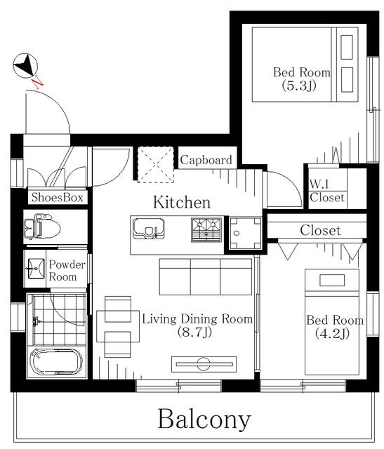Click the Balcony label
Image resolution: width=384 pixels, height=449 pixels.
click(x=204, y=420)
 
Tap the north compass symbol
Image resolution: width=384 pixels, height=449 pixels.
click(x=25, y=65)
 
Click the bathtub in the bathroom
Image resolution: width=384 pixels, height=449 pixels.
click(x=56, y=361)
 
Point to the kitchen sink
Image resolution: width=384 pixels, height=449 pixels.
click(x=148, y=229)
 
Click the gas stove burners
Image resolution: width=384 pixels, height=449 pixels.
click(x=206, y=229)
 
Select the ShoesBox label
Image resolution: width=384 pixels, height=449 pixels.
click(x=58, y=197)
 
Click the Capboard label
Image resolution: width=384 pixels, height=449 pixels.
click(x=206, y=160)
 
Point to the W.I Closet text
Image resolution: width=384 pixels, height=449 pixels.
click(x=327, y=191)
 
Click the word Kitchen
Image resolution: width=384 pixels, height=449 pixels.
click(x=182, y=202)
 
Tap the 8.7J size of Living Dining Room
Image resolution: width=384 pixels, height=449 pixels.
click(x=194, y=332)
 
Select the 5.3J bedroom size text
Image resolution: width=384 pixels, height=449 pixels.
click(x=299, y=86)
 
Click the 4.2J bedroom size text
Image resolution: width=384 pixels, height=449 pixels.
click(x=332, y=333)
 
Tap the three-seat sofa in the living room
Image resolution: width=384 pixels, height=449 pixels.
click(x=206, y=276)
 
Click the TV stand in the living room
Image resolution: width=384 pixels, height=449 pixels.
click(x=204, y=364)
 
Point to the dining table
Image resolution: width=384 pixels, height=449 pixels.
click(x=118, y=326)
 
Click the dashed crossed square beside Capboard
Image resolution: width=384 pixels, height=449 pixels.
click(x=156, y=164)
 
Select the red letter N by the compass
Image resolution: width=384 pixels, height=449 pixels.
click(x=37, y=82)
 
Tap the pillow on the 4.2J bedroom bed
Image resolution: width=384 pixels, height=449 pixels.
click(x=332, y=280)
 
